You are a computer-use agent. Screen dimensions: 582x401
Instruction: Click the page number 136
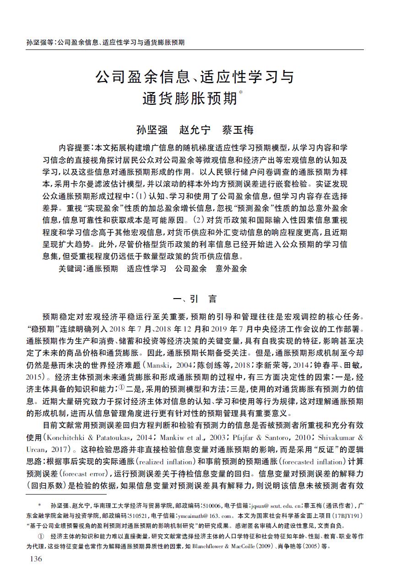tap(35, 559)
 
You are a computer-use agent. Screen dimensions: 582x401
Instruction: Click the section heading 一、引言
tap(194, 299)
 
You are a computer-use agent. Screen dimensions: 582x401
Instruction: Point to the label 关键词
tap(71, 269)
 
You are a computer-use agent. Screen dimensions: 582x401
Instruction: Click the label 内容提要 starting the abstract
tap(75, 147)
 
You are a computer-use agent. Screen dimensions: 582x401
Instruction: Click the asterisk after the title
tap(241, 93)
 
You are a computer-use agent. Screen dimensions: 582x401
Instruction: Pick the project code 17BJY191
tap(343, 515)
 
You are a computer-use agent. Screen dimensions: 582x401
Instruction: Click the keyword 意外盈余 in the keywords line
tap(231, 269)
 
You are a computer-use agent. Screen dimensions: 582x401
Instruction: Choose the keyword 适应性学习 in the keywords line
tap(146, 269)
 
